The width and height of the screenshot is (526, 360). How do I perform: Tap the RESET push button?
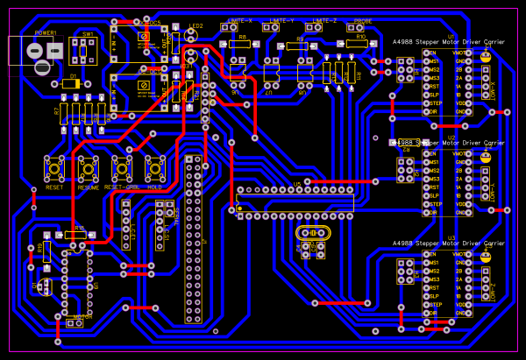click(54, 166)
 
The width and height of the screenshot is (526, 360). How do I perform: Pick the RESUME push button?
click(89, 166)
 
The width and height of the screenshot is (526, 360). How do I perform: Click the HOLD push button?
click(155, 166)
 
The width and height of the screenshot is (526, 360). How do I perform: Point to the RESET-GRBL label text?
click(122, 187)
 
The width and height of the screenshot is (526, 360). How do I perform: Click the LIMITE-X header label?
click(239, 20)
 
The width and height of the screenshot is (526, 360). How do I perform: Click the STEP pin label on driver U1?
click(431, 102)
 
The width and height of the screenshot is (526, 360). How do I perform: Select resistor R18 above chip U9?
click(75, 235)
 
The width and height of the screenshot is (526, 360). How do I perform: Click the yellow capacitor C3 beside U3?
click(485, 257)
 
